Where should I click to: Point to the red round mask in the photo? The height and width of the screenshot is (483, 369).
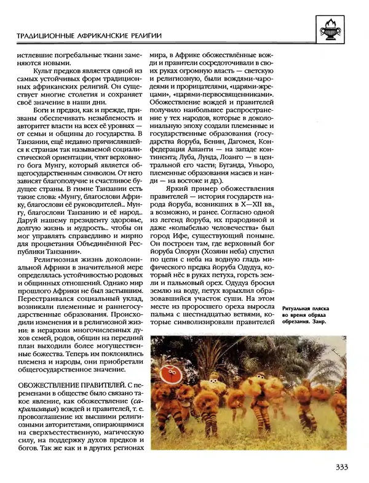coord(167,374)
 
